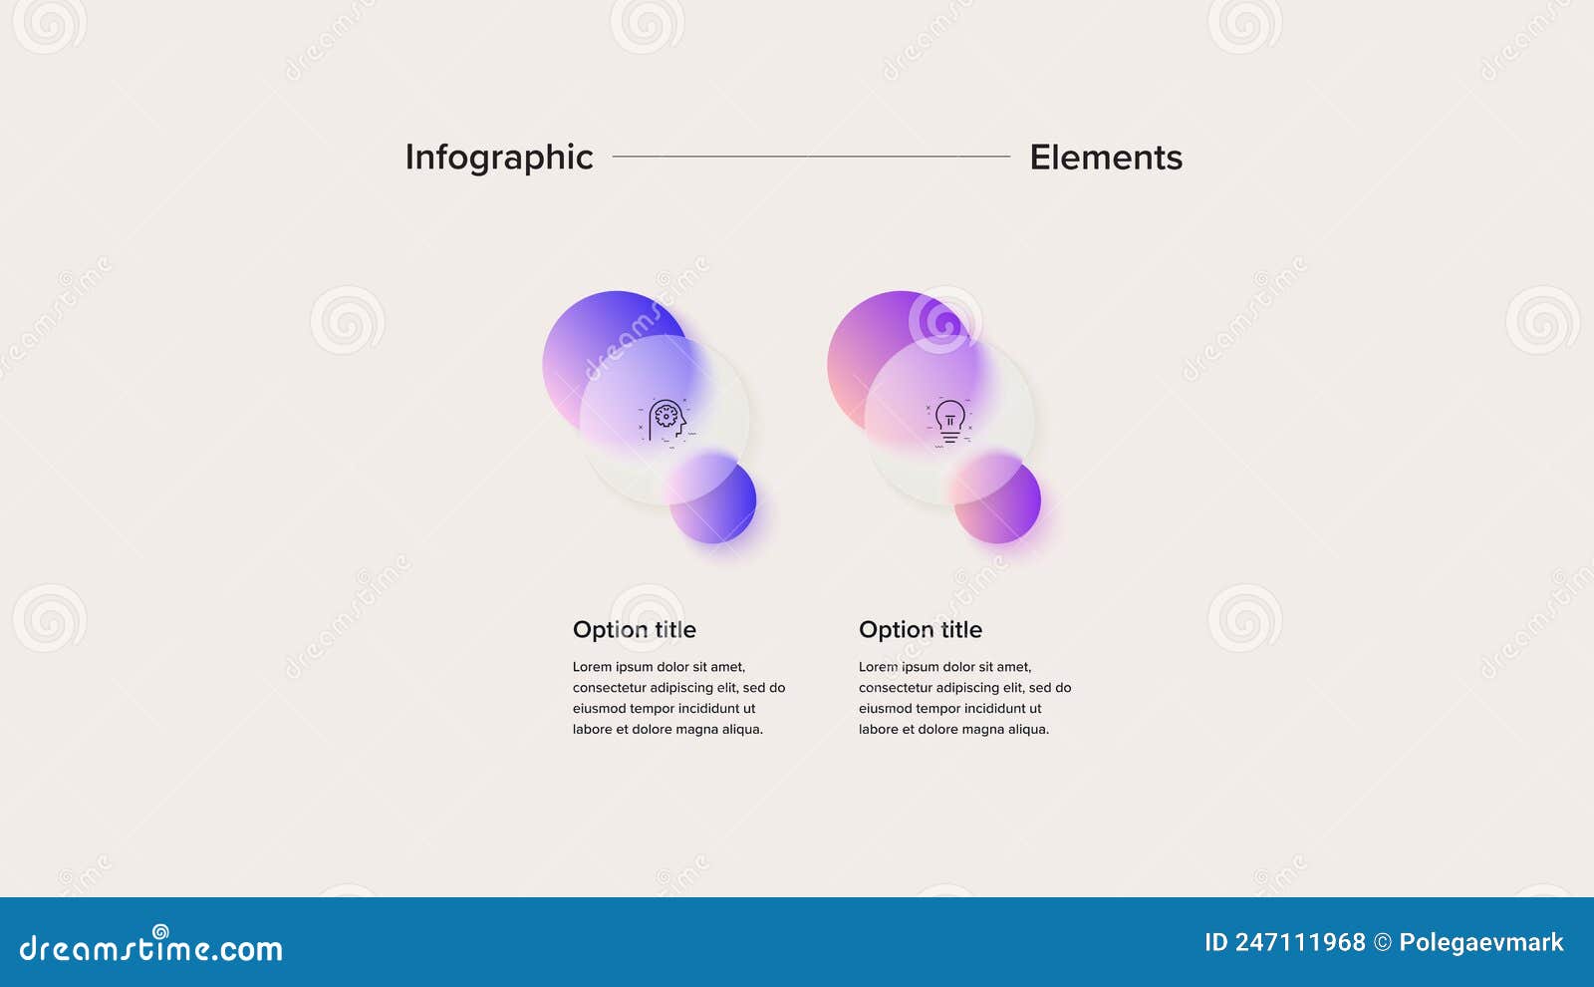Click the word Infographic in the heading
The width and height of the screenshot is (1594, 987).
tap(499, 159)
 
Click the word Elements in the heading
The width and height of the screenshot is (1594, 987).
tap(1106, 158)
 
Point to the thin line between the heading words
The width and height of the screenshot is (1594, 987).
tap(811, 156)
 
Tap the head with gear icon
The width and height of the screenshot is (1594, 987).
tap(666, 423)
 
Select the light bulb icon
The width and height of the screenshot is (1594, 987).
tap(949, 423)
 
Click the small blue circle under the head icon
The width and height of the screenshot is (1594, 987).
tap(712, 499)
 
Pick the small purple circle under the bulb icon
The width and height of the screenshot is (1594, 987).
tap(997, 499)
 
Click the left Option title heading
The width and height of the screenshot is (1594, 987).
tap(634, 629)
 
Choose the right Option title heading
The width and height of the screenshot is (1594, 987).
tap(921, 629)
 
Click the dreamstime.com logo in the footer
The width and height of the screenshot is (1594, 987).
tap(150, 946)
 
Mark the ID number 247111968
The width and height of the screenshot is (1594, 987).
tap(1300, 943)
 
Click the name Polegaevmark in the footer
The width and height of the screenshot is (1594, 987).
tap(1480, 943)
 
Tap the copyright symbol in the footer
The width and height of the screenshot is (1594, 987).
tap(1383, 943)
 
